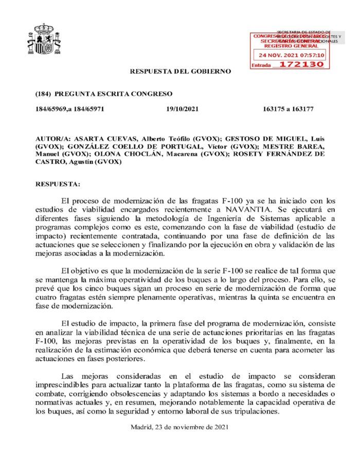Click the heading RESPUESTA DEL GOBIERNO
[181, 71]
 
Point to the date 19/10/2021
[183, 109]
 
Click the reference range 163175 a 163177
[288, 109]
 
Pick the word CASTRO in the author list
[48, 161]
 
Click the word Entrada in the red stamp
[261, 65]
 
